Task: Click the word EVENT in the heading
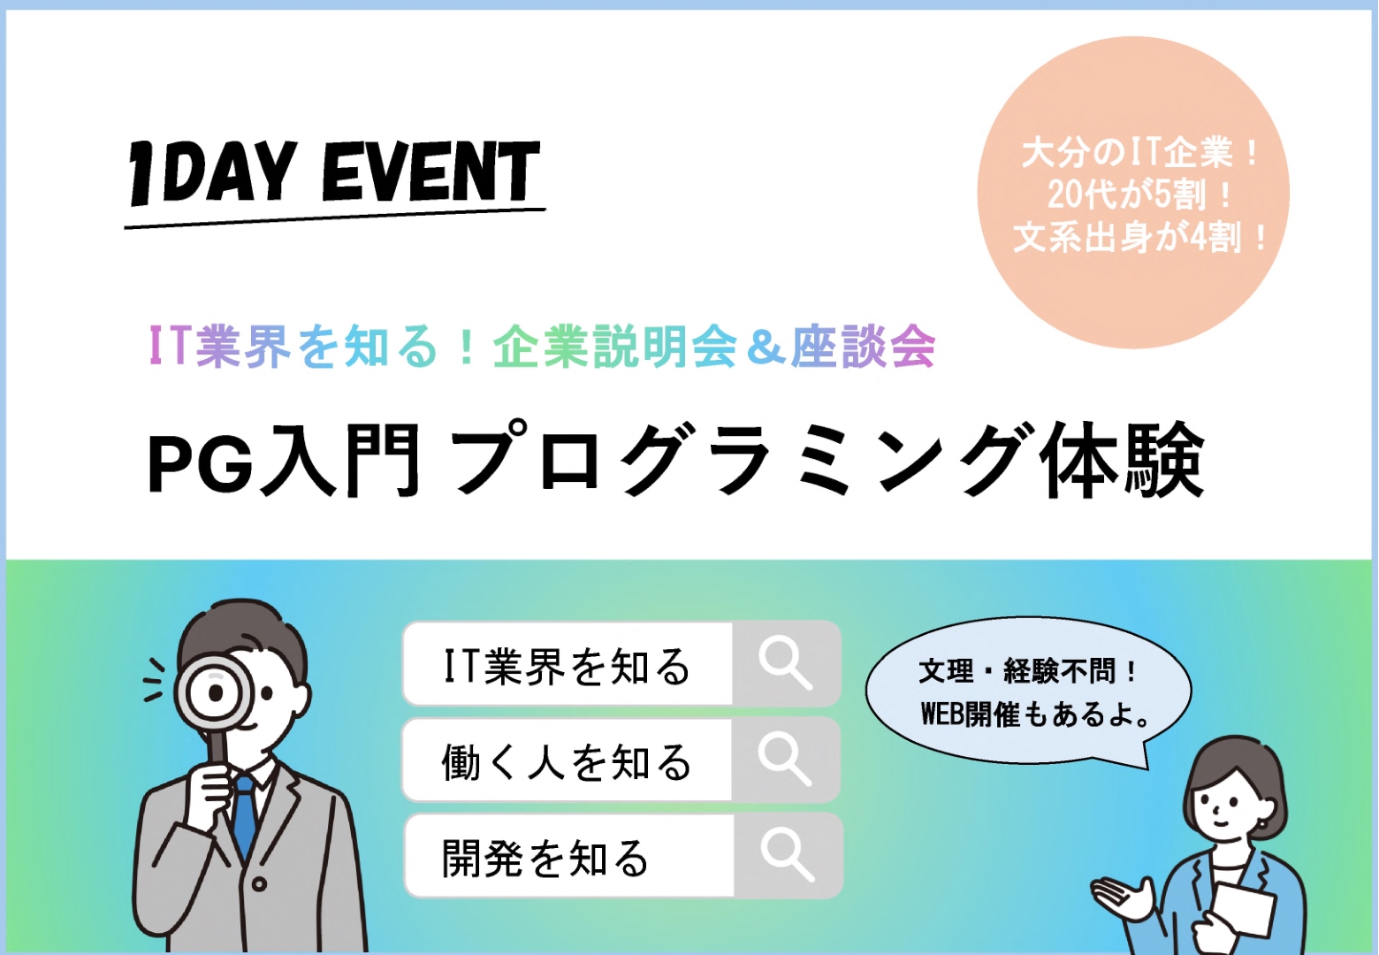(x=431, y=172)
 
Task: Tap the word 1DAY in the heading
(x=209, y=173)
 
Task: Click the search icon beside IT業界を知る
(x=786, y=664)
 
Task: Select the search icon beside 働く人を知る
(x=785, y=760)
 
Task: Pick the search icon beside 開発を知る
(x=788, y=855)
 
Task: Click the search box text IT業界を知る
(x=567, y=666)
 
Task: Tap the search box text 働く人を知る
(x=567, y=762)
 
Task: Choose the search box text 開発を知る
(x=545, y=858)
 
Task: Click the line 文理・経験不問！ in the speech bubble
(x=1027, y=671)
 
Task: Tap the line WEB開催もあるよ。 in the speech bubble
(x=1035, y=714)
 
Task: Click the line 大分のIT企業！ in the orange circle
(x=1139, y=152)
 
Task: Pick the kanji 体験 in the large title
(x=1122, y=461)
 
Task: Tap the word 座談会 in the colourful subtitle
(x=863, y=347)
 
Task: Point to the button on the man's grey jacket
(x=259, y=885)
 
